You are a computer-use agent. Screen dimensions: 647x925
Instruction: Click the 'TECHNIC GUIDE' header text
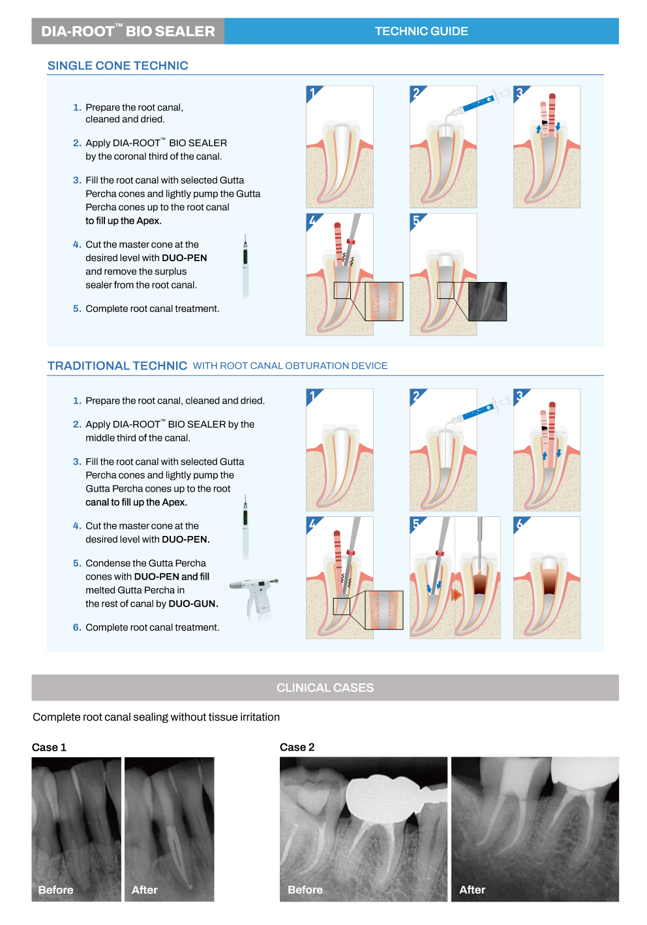click(421, 31)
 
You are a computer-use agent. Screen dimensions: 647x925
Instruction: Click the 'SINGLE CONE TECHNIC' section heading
click(118, 66)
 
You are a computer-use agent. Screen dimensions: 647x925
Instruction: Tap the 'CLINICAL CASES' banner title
click(325, 687)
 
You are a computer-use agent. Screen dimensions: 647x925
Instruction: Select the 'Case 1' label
click(49, 747)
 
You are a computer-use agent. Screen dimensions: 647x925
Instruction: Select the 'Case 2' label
click(297, 747)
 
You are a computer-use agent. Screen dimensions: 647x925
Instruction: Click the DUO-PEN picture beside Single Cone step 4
click(245, 266)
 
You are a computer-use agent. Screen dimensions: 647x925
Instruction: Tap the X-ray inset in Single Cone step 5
click(487, 302)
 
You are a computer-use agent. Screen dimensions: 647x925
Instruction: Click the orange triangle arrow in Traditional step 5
click(455, 595)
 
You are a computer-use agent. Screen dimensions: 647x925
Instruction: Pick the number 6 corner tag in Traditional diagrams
click(520, 524)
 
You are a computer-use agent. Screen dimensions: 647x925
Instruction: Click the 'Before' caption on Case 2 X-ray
click(305, 890)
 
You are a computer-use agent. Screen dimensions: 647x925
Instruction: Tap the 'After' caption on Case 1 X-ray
click(144, 890)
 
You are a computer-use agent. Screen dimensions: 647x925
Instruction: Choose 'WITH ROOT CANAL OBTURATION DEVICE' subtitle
click(290, 366)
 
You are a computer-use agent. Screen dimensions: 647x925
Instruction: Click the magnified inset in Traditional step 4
click(384, 610)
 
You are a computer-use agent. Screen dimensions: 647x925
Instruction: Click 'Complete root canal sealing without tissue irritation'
click(156, 717)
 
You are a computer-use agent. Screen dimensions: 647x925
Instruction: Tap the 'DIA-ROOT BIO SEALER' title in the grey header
click(128, 31)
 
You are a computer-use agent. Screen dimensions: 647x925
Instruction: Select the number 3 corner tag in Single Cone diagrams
click(520, 93)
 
